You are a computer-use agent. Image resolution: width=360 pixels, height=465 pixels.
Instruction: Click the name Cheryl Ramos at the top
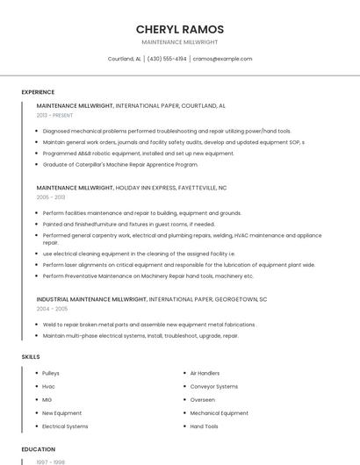tap(179, 29)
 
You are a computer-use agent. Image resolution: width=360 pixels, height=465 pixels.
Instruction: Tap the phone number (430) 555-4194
tap(167, 59)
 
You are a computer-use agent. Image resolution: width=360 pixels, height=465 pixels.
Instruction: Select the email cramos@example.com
tap(222, 59)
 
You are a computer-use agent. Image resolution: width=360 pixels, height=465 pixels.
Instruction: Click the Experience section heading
tap(38, 92)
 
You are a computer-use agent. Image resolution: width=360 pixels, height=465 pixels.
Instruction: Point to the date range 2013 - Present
tap(54, 115)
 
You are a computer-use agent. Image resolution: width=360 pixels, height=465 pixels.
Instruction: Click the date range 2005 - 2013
tap(51, 197)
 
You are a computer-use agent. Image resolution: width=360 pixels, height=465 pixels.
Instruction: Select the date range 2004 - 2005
tap(51, 309)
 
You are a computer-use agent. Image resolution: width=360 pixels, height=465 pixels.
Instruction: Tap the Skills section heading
tap(31, 357)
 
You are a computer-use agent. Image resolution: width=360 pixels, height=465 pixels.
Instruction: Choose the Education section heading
tap(38, 449)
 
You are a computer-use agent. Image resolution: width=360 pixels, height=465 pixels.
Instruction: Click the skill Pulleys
tap(51, 373)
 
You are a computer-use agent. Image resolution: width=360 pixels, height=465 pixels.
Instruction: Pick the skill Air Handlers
tap(205, 373)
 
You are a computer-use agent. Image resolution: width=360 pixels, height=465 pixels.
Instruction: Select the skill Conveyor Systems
tap(213, 386)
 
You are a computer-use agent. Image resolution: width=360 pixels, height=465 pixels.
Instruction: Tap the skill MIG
tap(47, 399)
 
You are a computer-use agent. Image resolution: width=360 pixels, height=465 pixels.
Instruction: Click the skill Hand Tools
tap(204, 426)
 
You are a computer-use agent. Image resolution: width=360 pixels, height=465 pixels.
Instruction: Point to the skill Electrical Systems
tap(65, 426)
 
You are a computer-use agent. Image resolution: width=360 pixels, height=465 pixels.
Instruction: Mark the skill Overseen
tap(202, 399)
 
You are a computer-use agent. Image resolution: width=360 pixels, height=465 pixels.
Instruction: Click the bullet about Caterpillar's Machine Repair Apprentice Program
tap(120, 164)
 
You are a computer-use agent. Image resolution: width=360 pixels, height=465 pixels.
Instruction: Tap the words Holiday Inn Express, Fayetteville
tap(171, 187)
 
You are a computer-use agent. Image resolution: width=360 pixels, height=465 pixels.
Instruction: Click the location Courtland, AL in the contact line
tap(124, 59)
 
